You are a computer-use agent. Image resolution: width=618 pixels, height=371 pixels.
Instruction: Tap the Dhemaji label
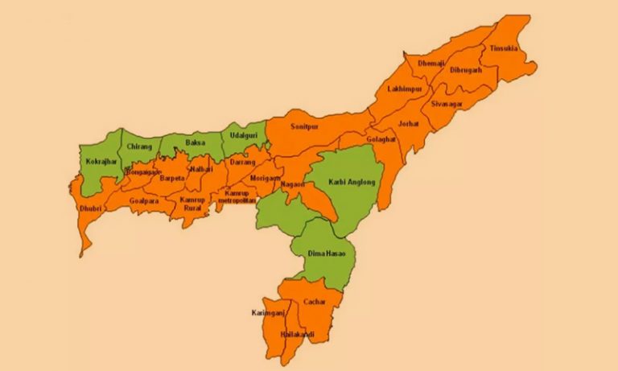[431, 63]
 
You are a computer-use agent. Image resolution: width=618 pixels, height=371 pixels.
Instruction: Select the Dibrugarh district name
[466, 71]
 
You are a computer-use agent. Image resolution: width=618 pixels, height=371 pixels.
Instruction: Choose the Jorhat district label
[409, 124]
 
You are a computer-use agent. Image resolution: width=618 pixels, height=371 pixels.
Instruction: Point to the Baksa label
[196, 143]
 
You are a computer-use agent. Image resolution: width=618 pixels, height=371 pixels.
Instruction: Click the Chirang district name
[138, 147]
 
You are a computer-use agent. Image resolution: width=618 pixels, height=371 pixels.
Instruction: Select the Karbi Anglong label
[352, 183]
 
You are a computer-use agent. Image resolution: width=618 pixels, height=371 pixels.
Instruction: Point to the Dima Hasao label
[326, 254]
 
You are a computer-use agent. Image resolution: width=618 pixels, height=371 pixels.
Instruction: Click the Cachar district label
[314, 301]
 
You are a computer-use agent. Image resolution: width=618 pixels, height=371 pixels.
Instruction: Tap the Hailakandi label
[297, 334]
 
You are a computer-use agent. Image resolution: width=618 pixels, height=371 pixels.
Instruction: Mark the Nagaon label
[292, 185]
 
